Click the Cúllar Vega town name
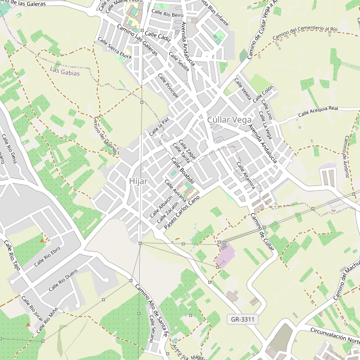click(x=229, y=120)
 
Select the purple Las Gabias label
click(x=65, y=72)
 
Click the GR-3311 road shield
click(x=243, y=319)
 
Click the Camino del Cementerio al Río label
click(x=305, y=33)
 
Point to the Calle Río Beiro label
click(x=167, y=13)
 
